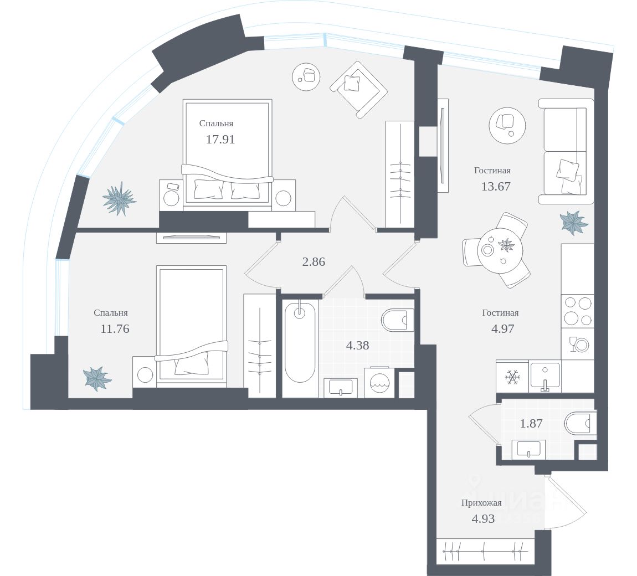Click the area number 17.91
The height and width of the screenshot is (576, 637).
click(220, 140)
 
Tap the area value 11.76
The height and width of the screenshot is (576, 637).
click(115, 329)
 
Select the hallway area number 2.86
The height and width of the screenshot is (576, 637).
click(314, 262)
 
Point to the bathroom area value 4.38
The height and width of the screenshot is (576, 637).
click(357, 346)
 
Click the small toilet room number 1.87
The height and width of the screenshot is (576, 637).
click(531, 424)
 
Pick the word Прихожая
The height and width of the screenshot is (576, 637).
click(481, 503)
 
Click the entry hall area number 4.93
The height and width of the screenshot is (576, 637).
click(483, 519)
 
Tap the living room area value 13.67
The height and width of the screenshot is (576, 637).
click(496, 187)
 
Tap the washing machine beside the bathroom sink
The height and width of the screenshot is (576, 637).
click(379, 382)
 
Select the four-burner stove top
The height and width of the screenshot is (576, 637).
click(577, 311)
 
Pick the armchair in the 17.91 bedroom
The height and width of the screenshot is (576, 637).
click(358, 89)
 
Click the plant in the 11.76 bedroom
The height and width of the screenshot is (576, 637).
click(97, 379)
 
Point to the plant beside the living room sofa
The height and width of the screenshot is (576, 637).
click(573, 222)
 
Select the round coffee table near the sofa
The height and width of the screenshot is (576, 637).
click(507, 125)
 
